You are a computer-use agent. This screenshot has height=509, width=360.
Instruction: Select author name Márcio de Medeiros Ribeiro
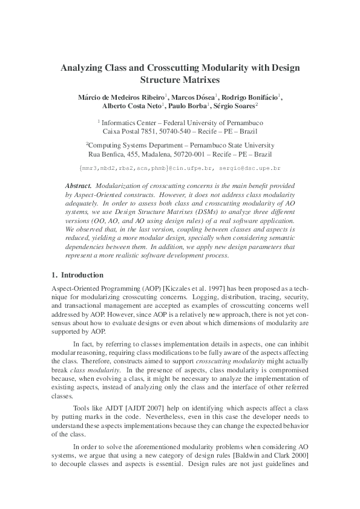120,97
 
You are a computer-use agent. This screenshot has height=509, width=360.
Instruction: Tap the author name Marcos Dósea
192,97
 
